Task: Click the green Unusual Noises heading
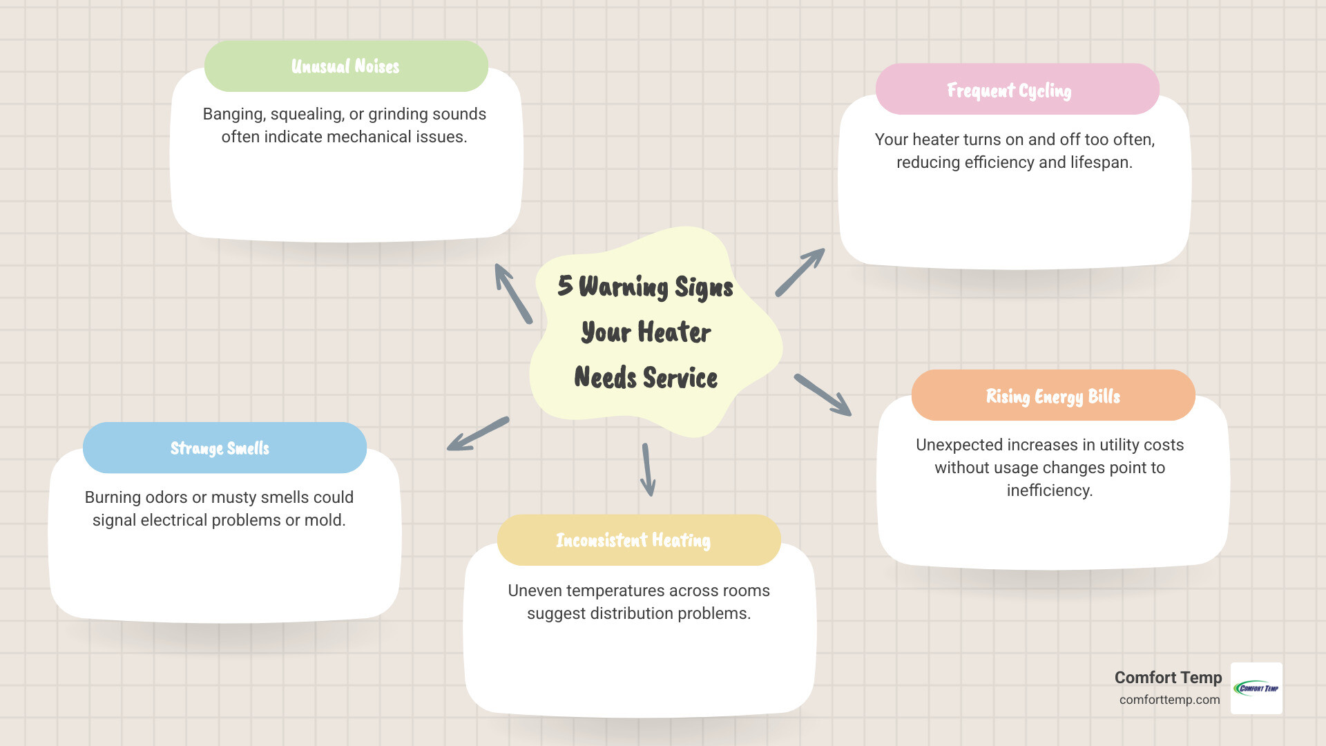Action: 345,66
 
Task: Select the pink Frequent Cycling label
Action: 1009,90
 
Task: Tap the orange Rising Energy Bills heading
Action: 1053,396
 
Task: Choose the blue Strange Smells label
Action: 220,448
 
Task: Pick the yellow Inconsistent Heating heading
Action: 633,540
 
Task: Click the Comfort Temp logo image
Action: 1256,688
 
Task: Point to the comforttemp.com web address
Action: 1169,700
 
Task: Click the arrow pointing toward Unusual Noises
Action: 512,293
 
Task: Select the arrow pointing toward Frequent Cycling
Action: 800,273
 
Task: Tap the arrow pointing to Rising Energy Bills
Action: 823,395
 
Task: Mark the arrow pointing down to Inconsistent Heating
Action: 647,470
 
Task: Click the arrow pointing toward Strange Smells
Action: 477,434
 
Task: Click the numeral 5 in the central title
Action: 565,285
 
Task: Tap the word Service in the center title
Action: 680,378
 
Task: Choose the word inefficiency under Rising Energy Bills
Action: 1049,490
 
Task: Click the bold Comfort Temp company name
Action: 1168,678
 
